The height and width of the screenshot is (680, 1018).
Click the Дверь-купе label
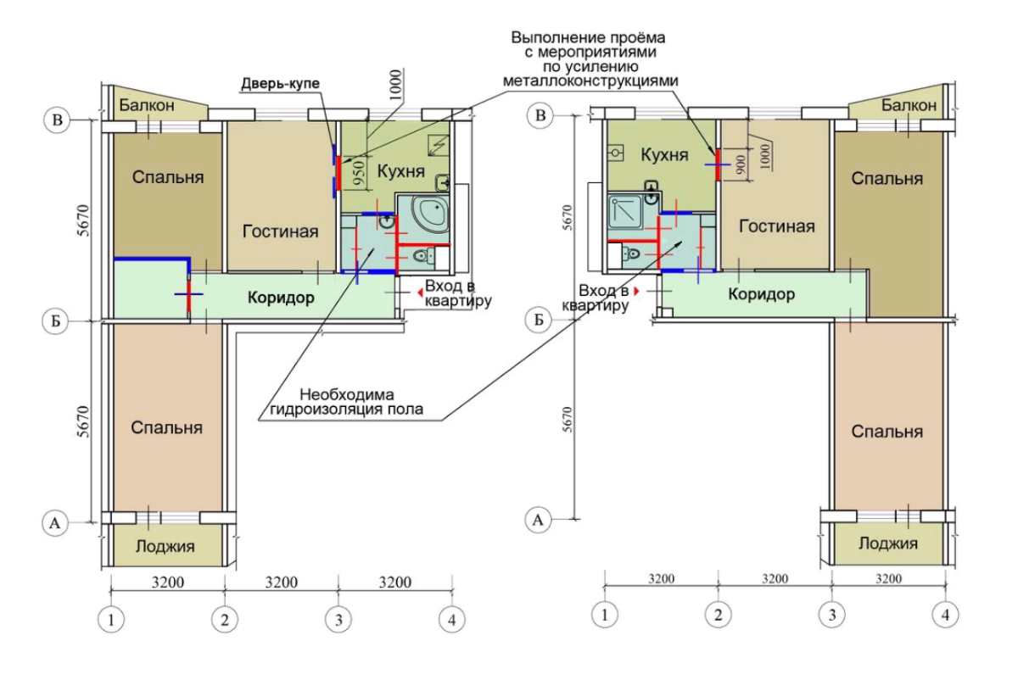pyautogui.click(x=280, y=84)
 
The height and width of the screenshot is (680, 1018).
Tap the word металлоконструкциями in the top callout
pyautogui.click(x=590, y=81)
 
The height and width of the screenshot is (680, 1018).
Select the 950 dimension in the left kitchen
pyautogui.click(x=360, y=173)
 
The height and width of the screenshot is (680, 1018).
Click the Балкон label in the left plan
pyautogui.click(x=146, y=105)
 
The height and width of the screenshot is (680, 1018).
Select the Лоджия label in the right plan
pyautogui.click(x=888, y=543)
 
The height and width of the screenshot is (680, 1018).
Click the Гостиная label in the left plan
pyautogui.click(x=280, y=231)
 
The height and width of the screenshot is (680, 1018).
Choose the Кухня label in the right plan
pyautogui.click(x=664, y=155)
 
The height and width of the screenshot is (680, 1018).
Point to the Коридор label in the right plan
pyautogui.click(x=761, y=294)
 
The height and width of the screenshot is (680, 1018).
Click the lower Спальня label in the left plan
pyautogui.click(x=166, y=427)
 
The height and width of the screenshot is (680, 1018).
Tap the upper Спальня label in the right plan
pyautogui.click(x=887, y=179)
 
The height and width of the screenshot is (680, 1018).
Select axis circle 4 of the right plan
pyautogui.click(x=945, y=615)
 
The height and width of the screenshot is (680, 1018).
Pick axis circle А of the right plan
pyautogui.click(x=538, y=519)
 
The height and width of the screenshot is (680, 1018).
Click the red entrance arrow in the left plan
pyautogui.click(x=421, y=293)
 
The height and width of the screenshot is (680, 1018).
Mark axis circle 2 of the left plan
pyautogui.click(x=225, y=620)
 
